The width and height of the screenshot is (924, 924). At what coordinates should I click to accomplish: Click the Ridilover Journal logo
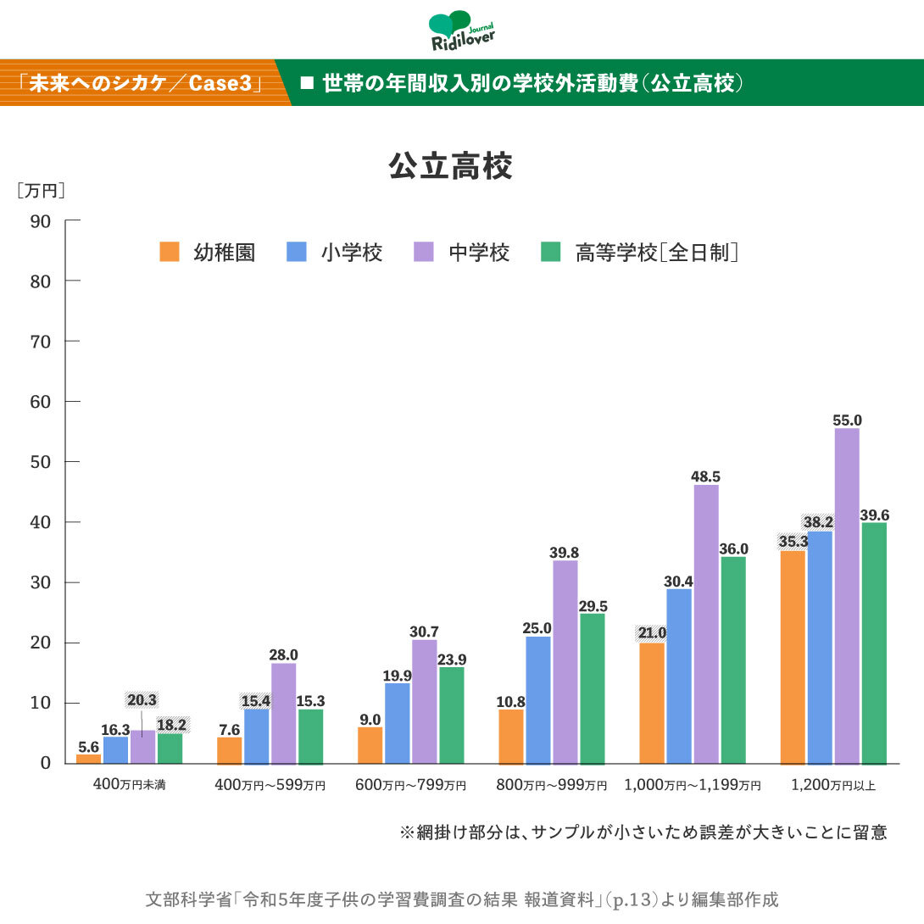click(462, 31)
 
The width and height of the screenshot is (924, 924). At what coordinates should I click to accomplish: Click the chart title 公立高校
click(450, 166)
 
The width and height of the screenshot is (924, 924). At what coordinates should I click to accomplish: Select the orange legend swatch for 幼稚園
click(170, 253)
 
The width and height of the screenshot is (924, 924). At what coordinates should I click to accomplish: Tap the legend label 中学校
click(480, 253)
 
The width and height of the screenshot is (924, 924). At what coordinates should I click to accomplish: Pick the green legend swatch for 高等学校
click(551, 253)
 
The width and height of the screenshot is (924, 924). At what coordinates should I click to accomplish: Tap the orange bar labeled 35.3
click(793, 657)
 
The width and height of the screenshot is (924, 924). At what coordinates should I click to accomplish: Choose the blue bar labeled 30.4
click(679, 676)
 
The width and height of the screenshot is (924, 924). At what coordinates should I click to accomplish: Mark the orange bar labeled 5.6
click(88, 758)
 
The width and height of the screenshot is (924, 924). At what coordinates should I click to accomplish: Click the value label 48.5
click(705, 476)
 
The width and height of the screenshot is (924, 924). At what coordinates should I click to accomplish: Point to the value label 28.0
click(283, 654)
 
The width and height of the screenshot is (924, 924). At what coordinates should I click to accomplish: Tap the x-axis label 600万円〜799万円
click(411, 786)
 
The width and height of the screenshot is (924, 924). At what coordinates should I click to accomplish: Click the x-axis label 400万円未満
click(129, 786)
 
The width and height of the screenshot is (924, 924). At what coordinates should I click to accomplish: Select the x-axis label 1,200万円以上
click(833, 786)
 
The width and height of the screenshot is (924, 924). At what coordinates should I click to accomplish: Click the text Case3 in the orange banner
click(221, 83)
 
